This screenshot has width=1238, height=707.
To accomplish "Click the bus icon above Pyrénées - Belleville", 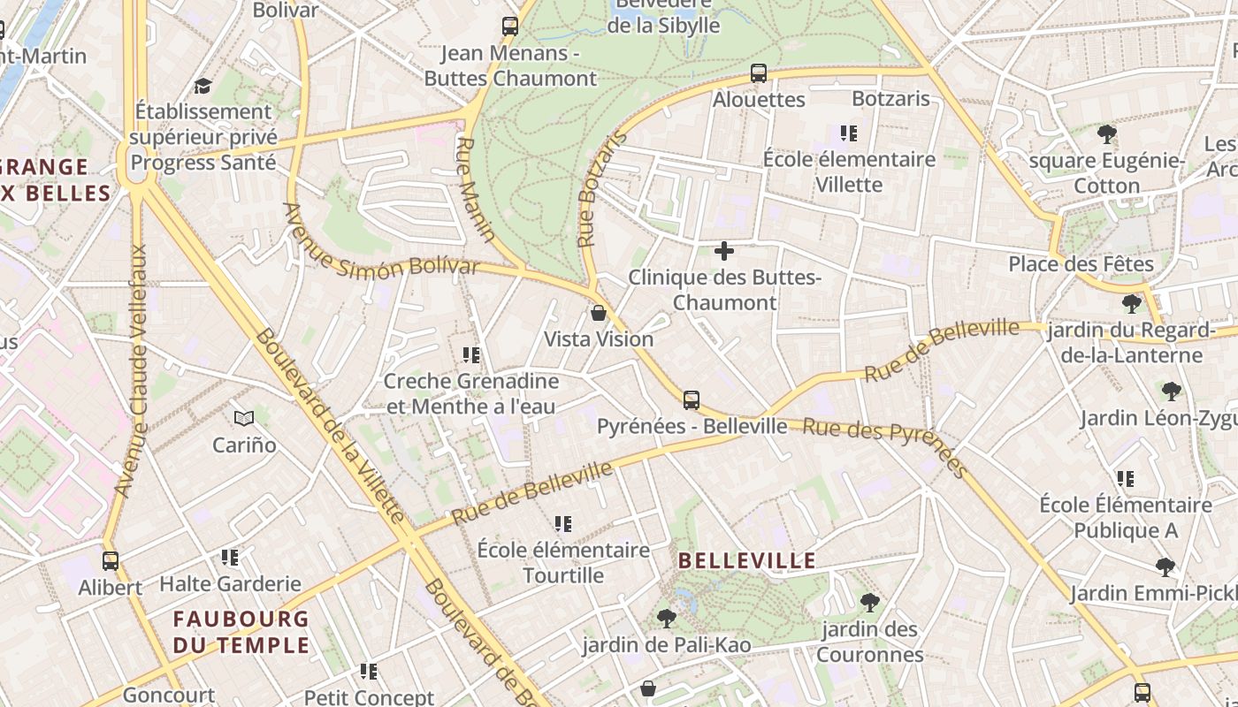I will tap(692, 400).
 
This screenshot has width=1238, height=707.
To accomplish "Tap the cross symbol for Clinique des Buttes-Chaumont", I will tap(724, 251).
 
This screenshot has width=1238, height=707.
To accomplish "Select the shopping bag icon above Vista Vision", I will tap(599, 313).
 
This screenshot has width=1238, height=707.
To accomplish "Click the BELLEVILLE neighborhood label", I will tap(747, 560).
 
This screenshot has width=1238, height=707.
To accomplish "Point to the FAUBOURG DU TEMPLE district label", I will tap(241, 632).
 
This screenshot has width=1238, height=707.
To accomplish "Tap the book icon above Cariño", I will tap(244, 418).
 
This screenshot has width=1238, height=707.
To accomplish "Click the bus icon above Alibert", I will tap(111, 560).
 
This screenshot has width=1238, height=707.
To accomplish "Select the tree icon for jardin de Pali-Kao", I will tap(667, 619).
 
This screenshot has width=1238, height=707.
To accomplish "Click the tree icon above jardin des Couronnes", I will tap(870, 603).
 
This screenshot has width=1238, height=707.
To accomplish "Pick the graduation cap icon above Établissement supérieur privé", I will tap(203, 86).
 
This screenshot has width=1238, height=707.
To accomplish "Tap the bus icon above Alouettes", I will tap(759, 73).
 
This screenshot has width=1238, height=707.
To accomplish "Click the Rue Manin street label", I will tap(476, 189).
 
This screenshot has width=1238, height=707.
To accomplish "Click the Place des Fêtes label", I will tap(1081, 264).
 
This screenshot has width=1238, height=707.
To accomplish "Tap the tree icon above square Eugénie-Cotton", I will tap(1106, 134).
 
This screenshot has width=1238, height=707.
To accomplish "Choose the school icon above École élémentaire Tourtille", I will tap(563, 524).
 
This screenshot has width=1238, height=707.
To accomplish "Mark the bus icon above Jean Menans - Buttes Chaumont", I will tap(510, 27).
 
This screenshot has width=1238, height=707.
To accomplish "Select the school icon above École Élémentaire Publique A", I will tap(1126, 479).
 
